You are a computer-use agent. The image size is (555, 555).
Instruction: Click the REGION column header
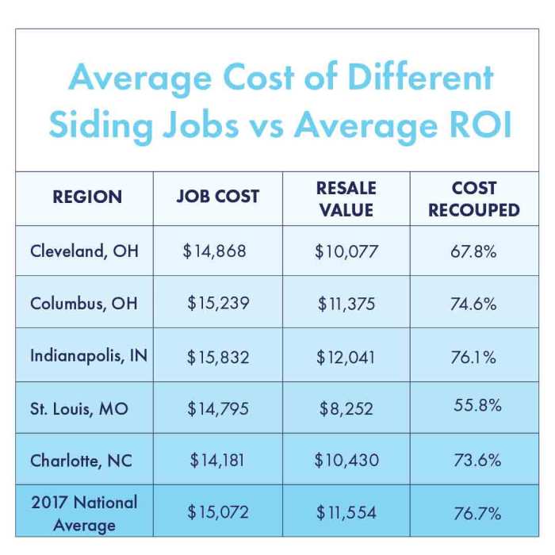tap(87, 197)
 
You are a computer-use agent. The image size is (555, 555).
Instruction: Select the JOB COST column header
tap(217, 197)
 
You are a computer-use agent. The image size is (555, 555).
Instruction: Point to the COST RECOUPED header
tap(474, 198)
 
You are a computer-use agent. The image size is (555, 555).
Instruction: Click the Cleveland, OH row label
tap(84, 251)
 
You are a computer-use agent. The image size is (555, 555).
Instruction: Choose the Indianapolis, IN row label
tap(89, 355)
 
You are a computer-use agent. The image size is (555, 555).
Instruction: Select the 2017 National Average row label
tap(84, 512)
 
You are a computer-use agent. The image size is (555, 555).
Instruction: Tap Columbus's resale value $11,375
tap(346, 304)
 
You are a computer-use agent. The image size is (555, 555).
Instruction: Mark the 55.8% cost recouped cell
tap(477, 405)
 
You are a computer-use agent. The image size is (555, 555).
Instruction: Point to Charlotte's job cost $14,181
tap(218, 460)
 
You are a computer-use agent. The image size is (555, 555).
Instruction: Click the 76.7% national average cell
tap(477, 513)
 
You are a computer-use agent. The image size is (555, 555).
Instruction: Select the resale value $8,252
tap(347, 408)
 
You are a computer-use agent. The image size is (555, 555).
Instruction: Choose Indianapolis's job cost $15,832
tap(217, 357)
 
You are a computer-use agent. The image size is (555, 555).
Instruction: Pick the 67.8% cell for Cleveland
tap(473, 252)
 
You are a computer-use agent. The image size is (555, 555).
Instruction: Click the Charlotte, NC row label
tap(81, 460)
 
